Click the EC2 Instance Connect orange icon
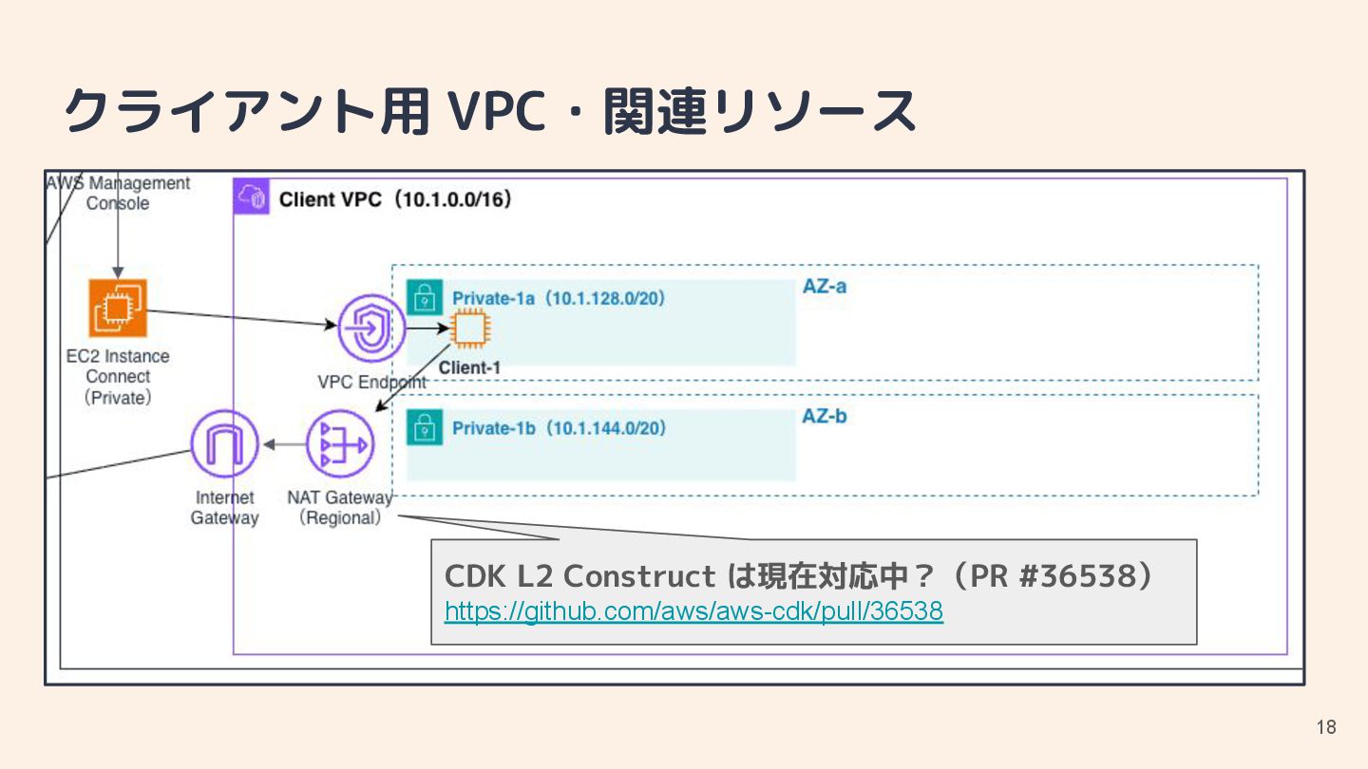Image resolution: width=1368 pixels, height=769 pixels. coord(118,308)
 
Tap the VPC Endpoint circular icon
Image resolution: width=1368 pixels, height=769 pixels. coord(371,328)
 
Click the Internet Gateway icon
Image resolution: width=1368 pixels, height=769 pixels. coord(224,443)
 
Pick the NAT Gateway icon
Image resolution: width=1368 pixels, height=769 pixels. coord(339,443)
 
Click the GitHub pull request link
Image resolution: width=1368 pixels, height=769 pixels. coord(693,611)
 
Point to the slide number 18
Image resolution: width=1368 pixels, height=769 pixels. coord(1326,727)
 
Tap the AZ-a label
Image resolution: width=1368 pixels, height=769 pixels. coord(824,285)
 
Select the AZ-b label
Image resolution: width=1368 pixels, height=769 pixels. coord(824,416)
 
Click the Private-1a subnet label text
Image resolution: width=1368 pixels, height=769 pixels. coord(559,298)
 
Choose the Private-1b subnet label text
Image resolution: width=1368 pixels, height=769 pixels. coord(559,428)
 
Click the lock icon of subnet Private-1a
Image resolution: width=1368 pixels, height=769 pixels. coord(424,297)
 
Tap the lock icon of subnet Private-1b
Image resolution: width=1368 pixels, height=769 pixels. coord(424,427)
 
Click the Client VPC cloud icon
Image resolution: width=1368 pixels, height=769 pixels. coord(252,197)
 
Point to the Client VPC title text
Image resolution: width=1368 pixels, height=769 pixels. coord(395,199)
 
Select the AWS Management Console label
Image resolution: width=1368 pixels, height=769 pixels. coord(119,193)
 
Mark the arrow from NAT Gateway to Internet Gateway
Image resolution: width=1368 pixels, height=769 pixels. coord(283,443)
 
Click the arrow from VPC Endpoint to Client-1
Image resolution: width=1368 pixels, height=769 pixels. coord(427,328)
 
